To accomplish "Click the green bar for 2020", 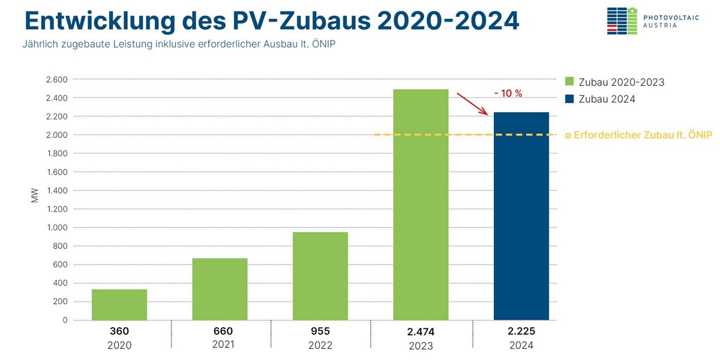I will pyautogui.click(x=119, y=305).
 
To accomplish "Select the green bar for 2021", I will pyautogui.click(x=220, y=289).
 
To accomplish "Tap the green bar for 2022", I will pyautogui.click(x=320, y=276).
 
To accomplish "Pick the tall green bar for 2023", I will pyautogui.click(x=421, y=205).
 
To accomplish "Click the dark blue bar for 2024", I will pyautogui.click(x=521, y=216).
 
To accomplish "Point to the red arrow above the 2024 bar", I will pyautogui.click(x=472, y=103).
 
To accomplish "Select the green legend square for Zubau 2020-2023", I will pyautogui.click(x=569, y=82).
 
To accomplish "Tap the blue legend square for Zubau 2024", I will pyautogui.click(x=569, y=99).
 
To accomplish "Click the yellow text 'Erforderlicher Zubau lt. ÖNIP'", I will pyautogui.click(x=643, y=136).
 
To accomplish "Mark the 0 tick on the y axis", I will pyautogui.click(x=64, y=320).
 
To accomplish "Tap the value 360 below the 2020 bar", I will pyautogui.click(x=119, y=331).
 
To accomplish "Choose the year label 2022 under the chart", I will pyautogui.click(x=320, y=346).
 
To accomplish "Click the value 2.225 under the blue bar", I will pyautogui.click(x=521, y=331).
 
